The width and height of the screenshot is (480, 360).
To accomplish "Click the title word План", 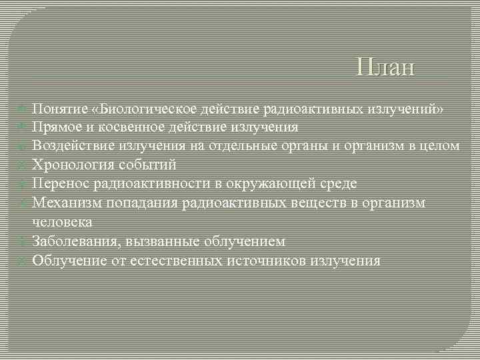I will pos(385,67).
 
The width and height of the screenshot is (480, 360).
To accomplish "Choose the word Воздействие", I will pos(73,145).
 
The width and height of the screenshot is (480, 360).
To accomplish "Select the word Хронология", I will pos(73,165).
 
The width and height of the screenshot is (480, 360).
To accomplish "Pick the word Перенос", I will pos(61,183).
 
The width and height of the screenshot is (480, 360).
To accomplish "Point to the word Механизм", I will pos(65,203).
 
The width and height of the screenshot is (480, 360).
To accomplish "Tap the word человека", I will pos(62,221).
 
